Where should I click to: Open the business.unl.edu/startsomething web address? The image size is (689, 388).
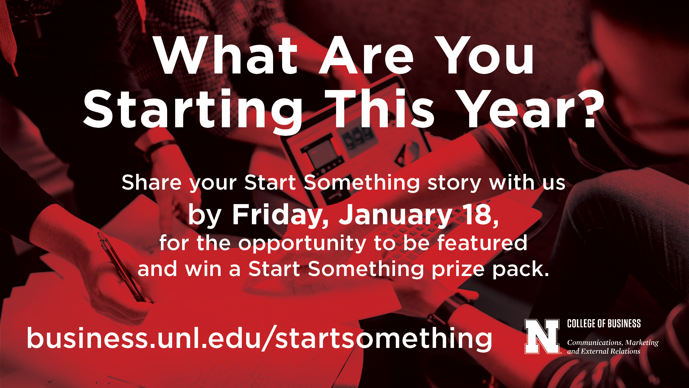[259, 338]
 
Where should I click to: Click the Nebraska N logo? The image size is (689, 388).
[542, 336]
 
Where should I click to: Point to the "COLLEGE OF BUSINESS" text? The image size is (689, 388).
[604, 324]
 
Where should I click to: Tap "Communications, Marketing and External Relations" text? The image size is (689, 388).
[613, 347]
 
